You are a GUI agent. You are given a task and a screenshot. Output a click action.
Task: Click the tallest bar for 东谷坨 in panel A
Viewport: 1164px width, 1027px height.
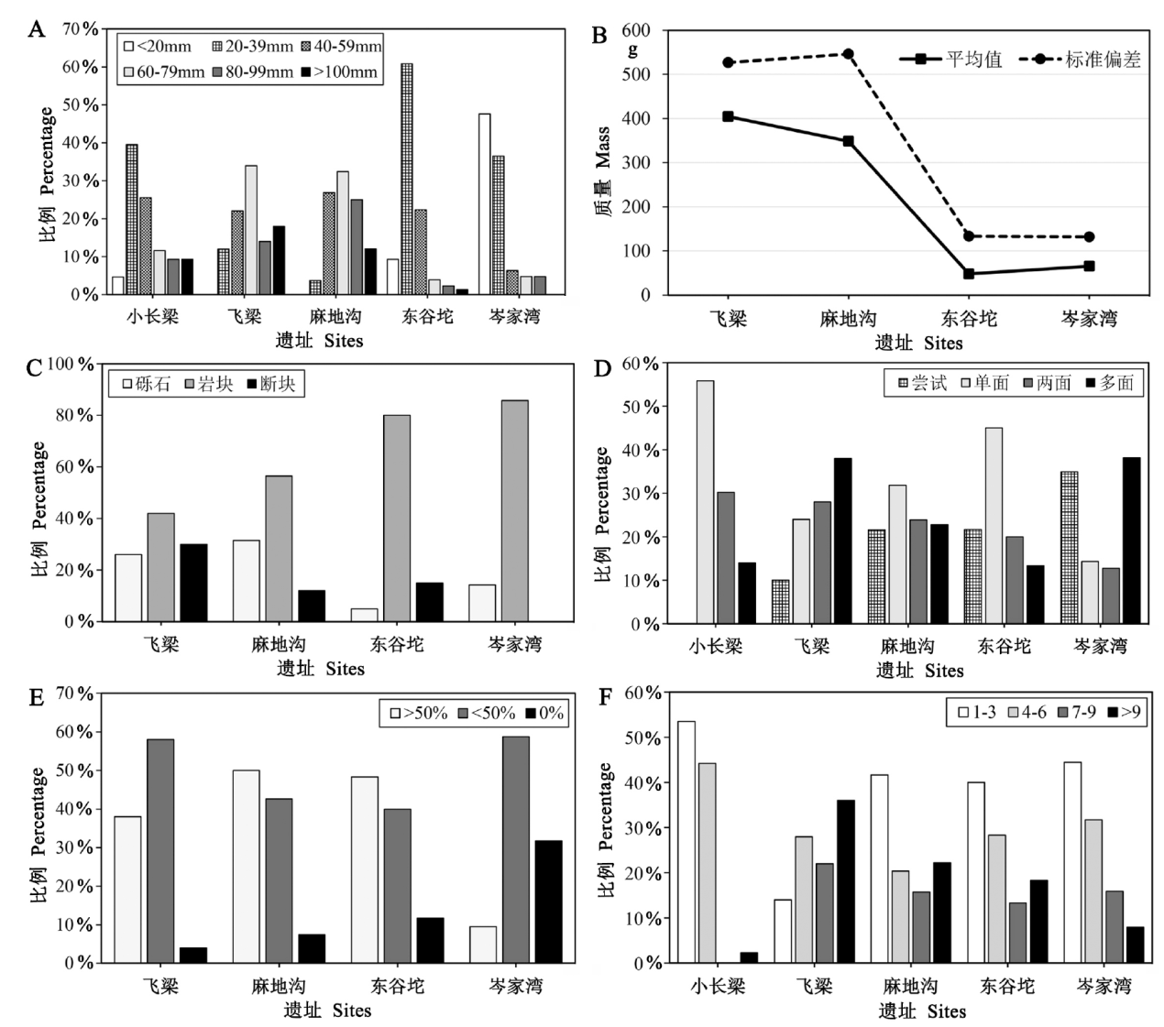(406, 179)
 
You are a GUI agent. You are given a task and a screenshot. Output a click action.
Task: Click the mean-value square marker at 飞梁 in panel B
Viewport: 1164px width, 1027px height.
(728, 116)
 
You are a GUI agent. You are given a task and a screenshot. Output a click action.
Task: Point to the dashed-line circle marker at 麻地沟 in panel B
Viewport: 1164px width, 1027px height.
(849, 54)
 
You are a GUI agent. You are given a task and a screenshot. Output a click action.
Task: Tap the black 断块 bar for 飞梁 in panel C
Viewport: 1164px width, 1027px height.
(193, 583)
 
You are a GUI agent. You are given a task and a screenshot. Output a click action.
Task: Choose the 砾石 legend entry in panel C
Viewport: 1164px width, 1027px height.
(144, 384)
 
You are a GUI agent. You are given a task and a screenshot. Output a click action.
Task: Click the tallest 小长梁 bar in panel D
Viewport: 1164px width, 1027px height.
(705, 502)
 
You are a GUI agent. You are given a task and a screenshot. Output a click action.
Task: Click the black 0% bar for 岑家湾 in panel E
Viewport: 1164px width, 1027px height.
(548, 901)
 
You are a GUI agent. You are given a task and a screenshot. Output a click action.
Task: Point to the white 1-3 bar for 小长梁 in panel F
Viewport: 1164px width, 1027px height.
(686, 842)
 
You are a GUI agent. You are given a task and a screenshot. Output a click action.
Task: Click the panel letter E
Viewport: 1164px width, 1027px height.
(37, 697)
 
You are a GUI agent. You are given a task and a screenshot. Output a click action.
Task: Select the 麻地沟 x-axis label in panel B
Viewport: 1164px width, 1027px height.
(848, 320)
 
